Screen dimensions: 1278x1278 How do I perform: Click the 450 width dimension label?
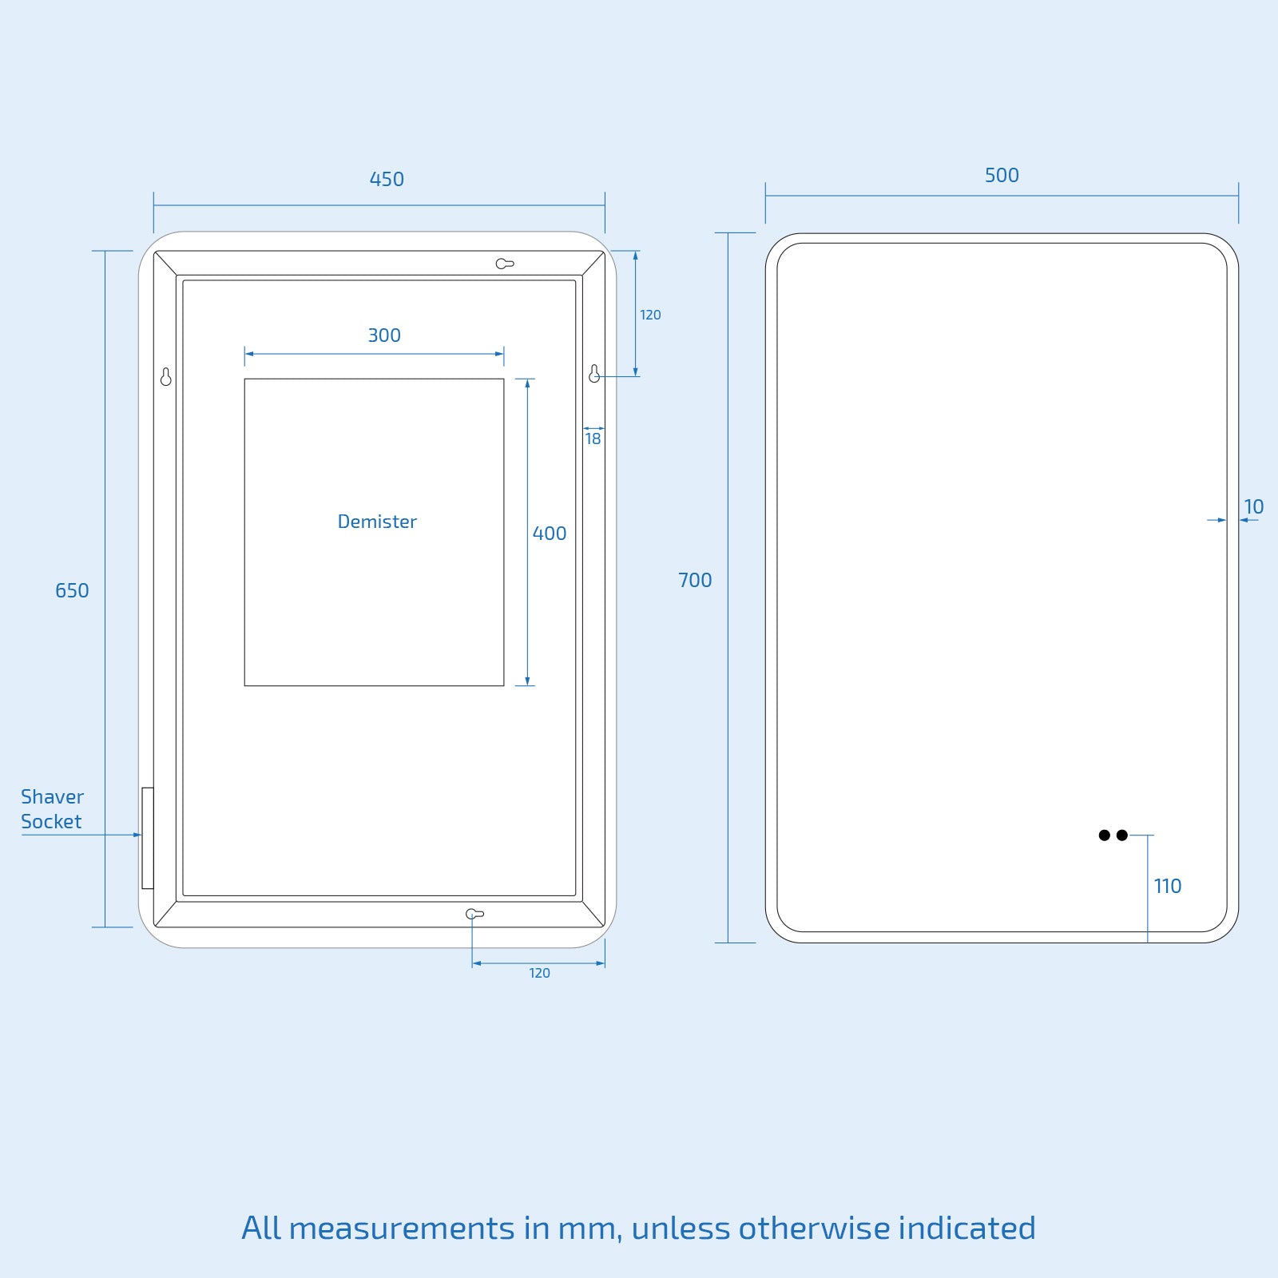[x=387, y=179]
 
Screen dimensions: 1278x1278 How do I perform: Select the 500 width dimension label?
[x=1002, y=175]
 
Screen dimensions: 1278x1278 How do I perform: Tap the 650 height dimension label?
[x=72, y=590]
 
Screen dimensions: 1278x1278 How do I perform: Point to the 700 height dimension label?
[x=695, y=580]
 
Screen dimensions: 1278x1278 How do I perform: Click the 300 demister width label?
[x=384, y=335]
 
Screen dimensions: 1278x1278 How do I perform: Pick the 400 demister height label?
[x=550, y=534]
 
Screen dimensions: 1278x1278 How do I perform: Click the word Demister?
[x=377, y=522]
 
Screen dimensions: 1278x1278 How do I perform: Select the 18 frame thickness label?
[x=593, y=439]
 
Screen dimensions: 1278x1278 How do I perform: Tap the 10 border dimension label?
[x=1253, y=506]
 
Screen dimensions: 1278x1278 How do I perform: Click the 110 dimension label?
[x=1167, y=886]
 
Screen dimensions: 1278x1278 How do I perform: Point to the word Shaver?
[x=52, y=796]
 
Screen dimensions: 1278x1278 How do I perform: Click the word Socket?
[x=51, y=821]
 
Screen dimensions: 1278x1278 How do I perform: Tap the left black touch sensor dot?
[x=1105, y=835]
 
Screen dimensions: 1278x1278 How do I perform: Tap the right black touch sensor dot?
[x=1122, y=835]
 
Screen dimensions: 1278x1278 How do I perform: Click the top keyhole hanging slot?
[x=504, y=264]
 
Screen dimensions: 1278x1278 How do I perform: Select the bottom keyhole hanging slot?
[x=474, y=914]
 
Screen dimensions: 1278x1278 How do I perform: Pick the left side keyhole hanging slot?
[x=166, y=377]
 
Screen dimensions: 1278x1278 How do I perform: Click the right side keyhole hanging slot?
[x=594, y=374]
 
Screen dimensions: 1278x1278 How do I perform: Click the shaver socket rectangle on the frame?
[x=148, y=838]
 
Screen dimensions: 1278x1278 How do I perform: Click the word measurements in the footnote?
[x=402, y=1228]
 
